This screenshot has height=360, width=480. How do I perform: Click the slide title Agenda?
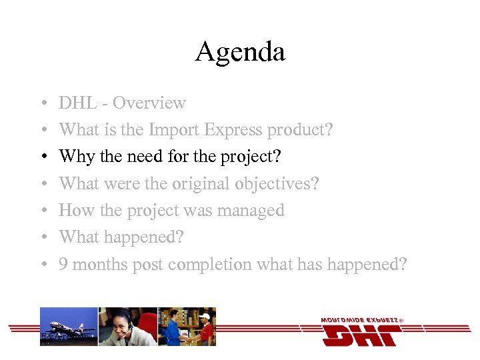240,52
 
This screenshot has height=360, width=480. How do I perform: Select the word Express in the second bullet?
233,129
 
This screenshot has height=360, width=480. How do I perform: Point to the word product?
300,129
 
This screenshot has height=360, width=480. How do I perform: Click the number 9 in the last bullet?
63,265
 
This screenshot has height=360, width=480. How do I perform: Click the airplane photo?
69,327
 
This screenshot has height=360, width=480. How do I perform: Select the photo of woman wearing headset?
127,327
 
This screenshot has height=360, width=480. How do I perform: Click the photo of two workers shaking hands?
187,327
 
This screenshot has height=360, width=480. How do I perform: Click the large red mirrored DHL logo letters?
361,335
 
